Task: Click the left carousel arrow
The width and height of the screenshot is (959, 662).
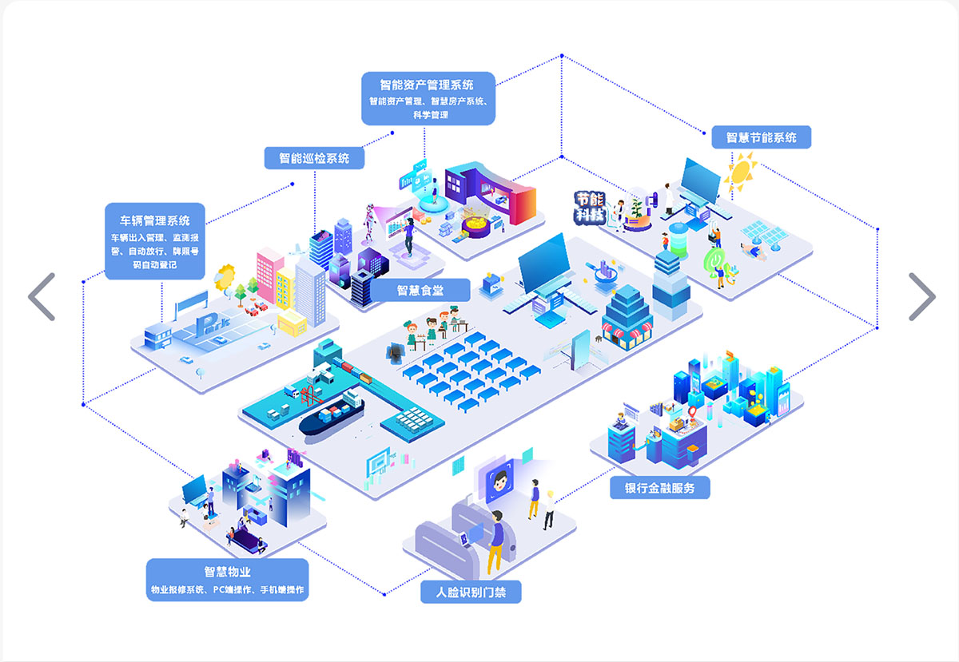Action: coord(42,297)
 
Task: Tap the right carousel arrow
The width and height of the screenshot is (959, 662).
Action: coord(921,297)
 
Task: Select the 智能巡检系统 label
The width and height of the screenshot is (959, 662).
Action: coord(314,158)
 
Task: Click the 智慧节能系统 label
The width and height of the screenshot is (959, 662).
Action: coord(762,137)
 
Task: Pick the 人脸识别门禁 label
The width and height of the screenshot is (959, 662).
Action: coord(471,593)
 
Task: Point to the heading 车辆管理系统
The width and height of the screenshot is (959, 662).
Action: coord(155,220)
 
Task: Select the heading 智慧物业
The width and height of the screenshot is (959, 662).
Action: coord(227,572)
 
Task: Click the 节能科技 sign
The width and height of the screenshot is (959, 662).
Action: coord(591,207)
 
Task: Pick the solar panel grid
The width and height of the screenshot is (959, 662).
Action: coord(763,233)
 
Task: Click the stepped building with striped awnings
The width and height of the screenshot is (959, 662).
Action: coord(627,317)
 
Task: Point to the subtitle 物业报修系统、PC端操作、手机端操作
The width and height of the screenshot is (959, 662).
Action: coord(227,590)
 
